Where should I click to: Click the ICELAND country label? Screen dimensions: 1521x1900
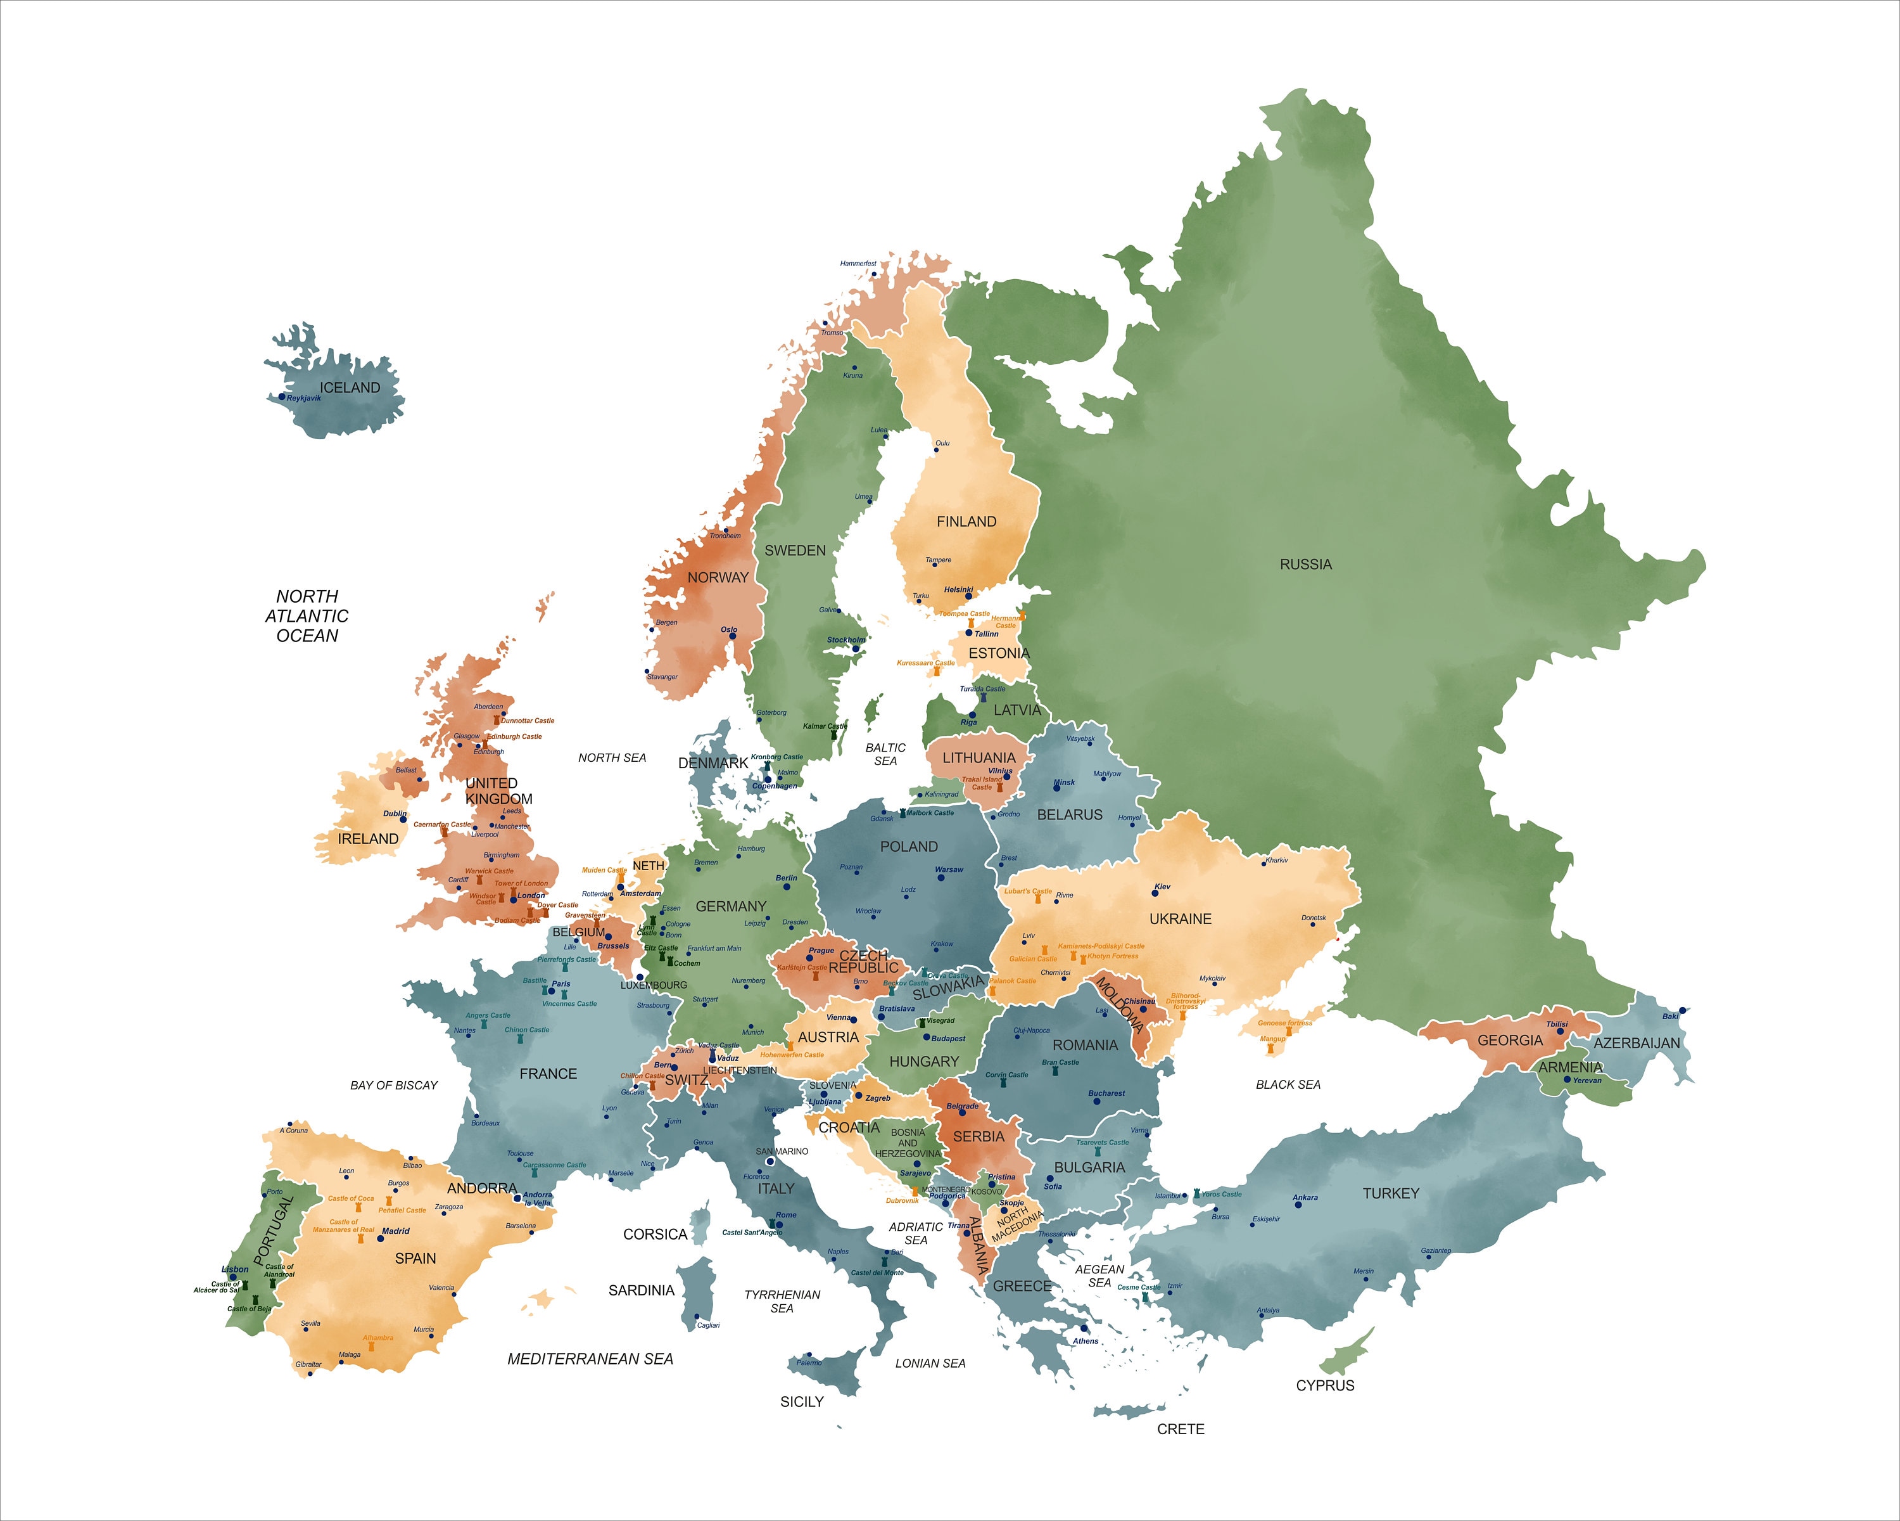tap(350, 388)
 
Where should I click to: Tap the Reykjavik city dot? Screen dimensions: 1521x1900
tap(282, 397)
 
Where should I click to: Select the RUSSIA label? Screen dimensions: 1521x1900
tap(1305, 564)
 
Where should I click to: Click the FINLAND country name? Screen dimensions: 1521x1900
tap(966, 522)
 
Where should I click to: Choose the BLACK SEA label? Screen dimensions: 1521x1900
tap(1288, 1084)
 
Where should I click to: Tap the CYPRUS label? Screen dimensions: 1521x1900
tap(1324, 1385)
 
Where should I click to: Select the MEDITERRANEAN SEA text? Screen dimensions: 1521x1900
tap(590, 1359)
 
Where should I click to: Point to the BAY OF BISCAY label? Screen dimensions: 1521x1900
tap(394, 1086)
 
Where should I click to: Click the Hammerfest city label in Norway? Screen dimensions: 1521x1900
tap(858, 264)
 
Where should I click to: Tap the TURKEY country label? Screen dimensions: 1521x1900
tap(1391, 1194)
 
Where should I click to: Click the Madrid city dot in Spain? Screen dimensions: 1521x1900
tap(381, 1238)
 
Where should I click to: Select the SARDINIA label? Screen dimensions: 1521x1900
tap(641, 1290)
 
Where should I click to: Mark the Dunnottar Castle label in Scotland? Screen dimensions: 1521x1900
tap(527, 721)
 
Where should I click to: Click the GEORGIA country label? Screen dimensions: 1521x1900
tap(1510, 1041)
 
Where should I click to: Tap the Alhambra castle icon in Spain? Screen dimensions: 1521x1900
tap(371, 1347)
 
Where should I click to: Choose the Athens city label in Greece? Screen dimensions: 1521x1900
tap(1085, 1341)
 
